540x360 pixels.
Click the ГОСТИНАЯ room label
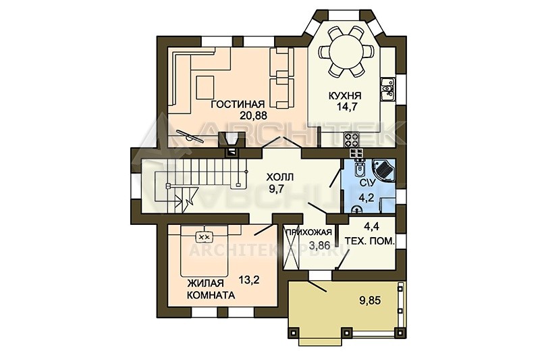click(x=238, y=104)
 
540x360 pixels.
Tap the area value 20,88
click(x=254, y=115)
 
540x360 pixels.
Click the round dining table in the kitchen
click(x=346, y=53)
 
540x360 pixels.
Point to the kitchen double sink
click(x=387, y=89)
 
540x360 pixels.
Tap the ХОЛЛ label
click(x=279, y=178)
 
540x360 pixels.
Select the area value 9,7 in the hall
click(x=277, y=189)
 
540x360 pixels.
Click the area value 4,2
click(x=367, y=198)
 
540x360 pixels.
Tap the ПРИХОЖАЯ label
click(x=309, y=232)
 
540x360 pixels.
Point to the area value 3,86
click(x=320, y=245)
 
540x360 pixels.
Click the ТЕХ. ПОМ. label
click(x=369, y=241)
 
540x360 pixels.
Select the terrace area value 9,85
click(x=370, y=301)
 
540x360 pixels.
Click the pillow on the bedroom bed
click(x=205, y=236)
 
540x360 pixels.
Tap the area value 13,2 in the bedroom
click(x=249, y=280)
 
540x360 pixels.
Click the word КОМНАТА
click(x=211, y=295)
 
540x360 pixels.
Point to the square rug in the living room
click(x=205, y=87)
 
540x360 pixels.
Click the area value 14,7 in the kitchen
click(x=346, y=107)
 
